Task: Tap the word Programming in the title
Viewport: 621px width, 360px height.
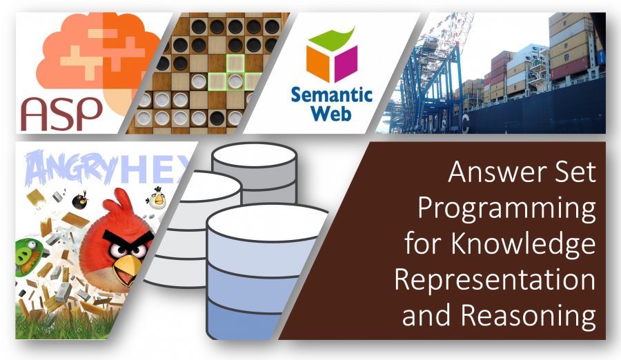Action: click(507, 209)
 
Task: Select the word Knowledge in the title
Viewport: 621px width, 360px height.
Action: click(523, 243)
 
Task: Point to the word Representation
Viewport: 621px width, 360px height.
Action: click(495, 279)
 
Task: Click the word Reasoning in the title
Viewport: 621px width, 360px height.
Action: click(529, 316)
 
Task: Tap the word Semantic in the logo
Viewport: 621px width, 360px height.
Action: click(332, 95)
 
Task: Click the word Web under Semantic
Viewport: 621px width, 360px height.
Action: click(331, 113)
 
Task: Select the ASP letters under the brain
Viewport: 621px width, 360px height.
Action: click(61, 114)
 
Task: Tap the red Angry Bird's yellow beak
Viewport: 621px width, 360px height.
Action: click(128, 268)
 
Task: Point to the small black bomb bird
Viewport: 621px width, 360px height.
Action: click(80, 201)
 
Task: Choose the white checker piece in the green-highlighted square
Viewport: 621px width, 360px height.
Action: click(235, 81)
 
